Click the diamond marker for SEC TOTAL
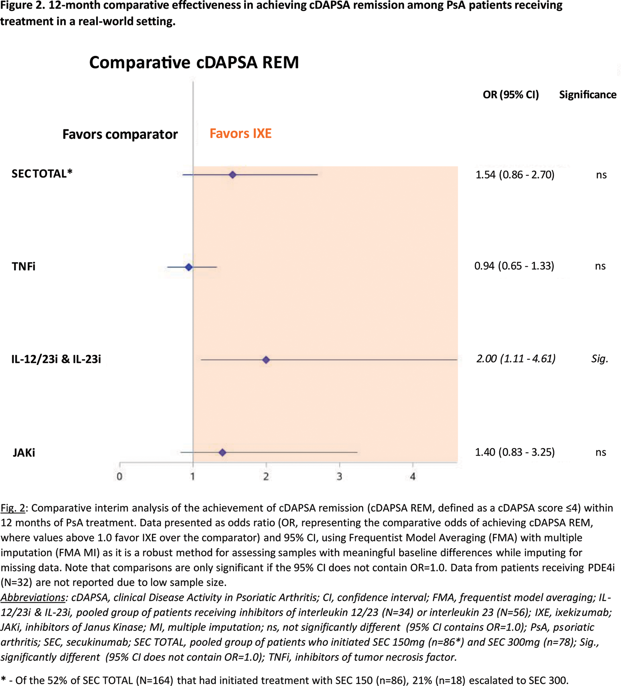[x=232, y=175]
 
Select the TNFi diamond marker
[x=189, y=267]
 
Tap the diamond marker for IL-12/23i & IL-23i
[x=266, y=360]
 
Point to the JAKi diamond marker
[x=222, y=452]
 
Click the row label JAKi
[x=24, y=453]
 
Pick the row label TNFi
[x=24, y=267]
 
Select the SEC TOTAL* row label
[x=42, y=174]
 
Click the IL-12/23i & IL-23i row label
[x=56, y=359]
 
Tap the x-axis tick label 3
[x=339, y=476]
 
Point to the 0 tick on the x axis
[x=120, y=476]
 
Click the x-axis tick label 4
[x=413, y=476]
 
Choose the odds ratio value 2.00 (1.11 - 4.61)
[x=516, y=358]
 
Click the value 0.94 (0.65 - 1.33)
[x=514, y=266]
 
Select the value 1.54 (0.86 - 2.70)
[x=515, y=175]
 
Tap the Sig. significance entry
[x=600, y=358]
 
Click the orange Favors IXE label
[x=240, y=133]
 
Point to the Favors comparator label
[x=120, y=134]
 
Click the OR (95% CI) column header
[x=511, y=95]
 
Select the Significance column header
[x=588, y=95]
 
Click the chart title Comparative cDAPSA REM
[x=194, y=63]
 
